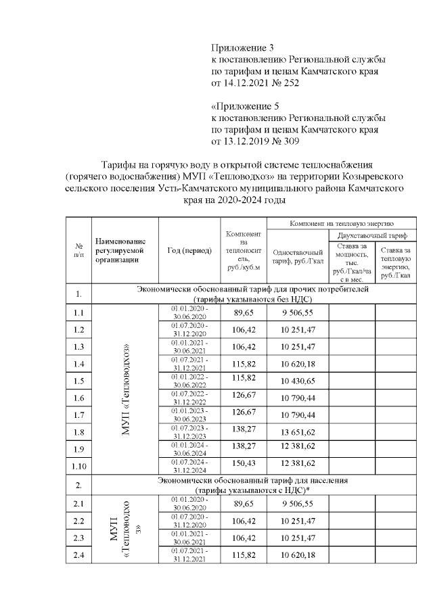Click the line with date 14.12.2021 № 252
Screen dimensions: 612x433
(x=254, y=83)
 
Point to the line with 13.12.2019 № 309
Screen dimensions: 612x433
(x=254, y=142)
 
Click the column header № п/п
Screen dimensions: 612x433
(x=78, y=250)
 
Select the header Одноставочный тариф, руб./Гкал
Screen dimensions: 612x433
(x=298, y=258)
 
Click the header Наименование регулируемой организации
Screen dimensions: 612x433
(x=122, y=250)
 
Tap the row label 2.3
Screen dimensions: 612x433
(x=78, y=538)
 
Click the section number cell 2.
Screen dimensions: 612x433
(x=78, y=485)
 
